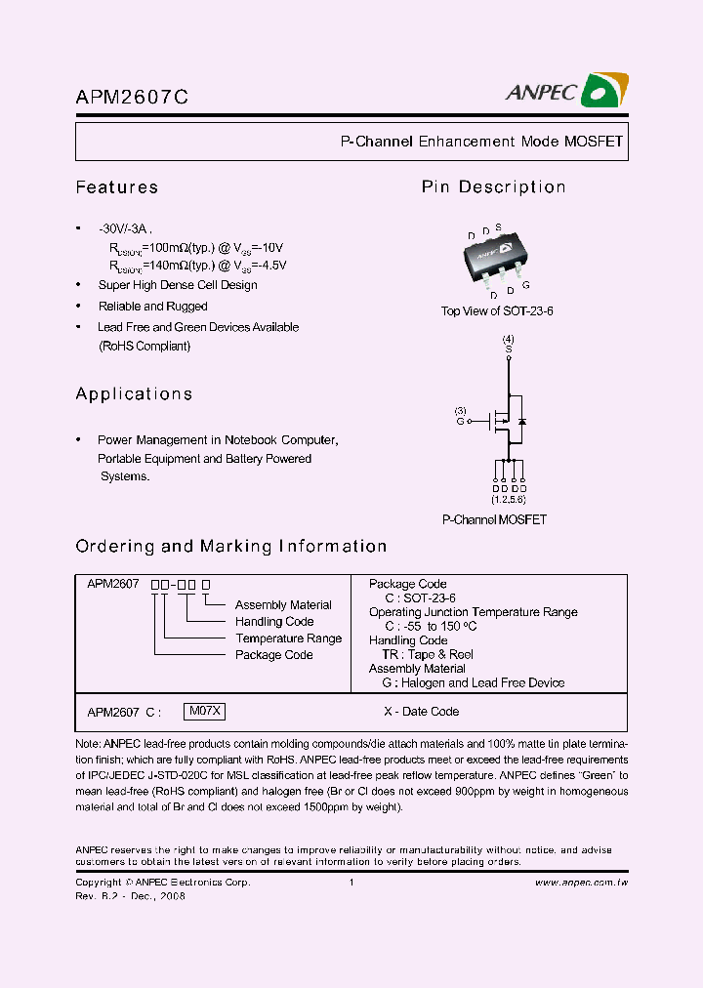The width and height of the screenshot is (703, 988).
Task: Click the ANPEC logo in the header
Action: coord(566,91)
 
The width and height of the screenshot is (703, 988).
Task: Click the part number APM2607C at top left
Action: coord(132,97)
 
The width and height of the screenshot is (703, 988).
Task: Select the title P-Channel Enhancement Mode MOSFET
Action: coord(481,142)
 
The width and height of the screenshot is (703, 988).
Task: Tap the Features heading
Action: coord(117,187)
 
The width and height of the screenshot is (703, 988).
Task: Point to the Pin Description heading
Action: coord(493,187)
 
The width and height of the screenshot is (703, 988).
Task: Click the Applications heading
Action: coord(134,394)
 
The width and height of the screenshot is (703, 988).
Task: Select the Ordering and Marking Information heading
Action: coord(231,547)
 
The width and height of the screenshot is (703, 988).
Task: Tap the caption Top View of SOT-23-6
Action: coord(497,311)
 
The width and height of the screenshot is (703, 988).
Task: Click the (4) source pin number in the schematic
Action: coord(508,339)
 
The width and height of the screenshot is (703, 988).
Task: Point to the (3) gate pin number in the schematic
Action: coord(461,410)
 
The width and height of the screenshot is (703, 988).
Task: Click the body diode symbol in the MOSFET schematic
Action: coord(521,421)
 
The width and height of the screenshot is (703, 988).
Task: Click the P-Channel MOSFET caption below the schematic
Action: coord(494,520)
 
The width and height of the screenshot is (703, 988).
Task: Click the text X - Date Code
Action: coord(421,712)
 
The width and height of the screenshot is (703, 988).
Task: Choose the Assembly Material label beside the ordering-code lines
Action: coord(283,605)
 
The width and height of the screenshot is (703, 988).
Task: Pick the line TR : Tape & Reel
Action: coord(428,654)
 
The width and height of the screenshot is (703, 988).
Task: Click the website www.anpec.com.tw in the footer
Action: coord(581,883)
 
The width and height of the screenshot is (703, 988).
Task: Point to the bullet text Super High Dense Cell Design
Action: coord(178,285)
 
